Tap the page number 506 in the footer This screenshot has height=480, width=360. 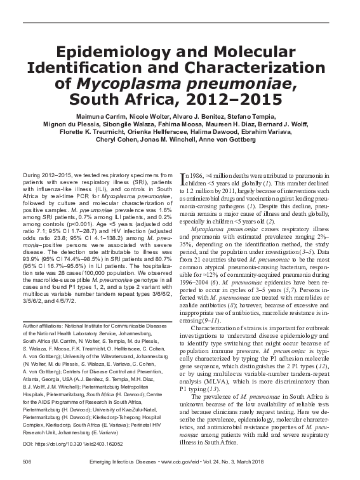click(x=27, y=460)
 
